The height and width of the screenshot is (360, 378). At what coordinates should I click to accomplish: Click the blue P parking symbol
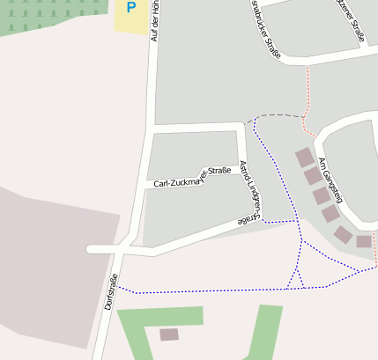pyautogui.click(x=131, y=8)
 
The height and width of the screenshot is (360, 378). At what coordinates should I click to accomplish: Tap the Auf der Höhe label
pyautogui.click(x=156, y=21)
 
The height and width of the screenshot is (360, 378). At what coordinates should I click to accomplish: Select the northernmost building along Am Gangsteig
pyautogui.click(x=304, y=158)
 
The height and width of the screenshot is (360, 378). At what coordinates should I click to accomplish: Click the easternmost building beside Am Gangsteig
pyautogui.click(x=364, y=241)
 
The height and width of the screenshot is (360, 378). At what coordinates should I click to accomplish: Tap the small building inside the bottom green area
pyautogui.click(x=168, y=334)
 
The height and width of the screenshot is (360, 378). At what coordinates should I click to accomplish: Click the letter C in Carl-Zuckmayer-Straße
pyautogui.click(x=157, y=184)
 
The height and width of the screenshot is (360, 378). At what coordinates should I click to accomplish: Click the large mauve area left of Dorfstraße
pyautogui.click(x=53, y=264)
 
